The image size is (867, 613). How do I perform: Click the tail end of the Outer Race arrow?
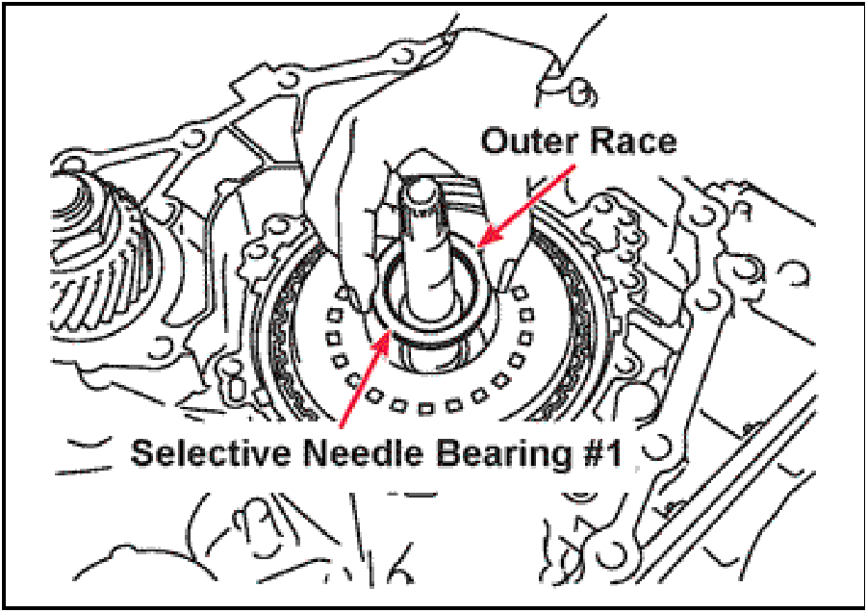[x=575, y=165]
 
